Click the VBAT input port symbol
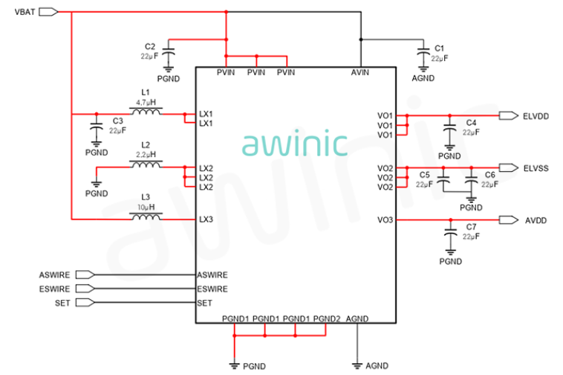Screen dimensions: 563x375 (x=48, y=12)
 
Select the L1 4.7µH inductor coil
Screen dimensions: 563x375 (x=146, y=111)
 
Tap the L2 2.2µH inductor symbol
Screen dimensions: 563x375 (x=146, y=164)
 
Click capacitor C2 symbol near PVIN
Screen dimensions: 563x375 (x=169, y=53)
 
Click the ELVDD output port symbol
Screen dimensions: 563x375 (x=509, y=116)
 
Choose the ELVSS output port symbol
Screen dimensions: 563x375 (x=509, y=167)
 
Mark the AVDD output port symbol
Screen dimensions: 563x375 (x=509, y=219)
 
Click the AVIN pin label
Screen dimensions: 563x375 (x=359, y=73)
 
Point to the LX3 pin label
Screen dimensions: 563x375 (x=206, y=219)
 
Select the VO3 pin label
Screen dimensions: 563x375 (x=385, y=219)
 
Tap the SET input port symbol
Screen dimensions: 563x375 (x=85, y=303)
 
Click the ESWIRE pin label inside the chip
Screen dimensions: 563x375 (x=212, y=289)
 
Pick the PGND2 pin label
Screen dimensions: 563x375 (x=327, y=319)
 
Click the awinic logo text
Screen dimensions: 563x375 (x=295, y=143)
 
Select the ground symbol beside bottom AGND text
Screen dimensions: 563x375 (x=357, y=366)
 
